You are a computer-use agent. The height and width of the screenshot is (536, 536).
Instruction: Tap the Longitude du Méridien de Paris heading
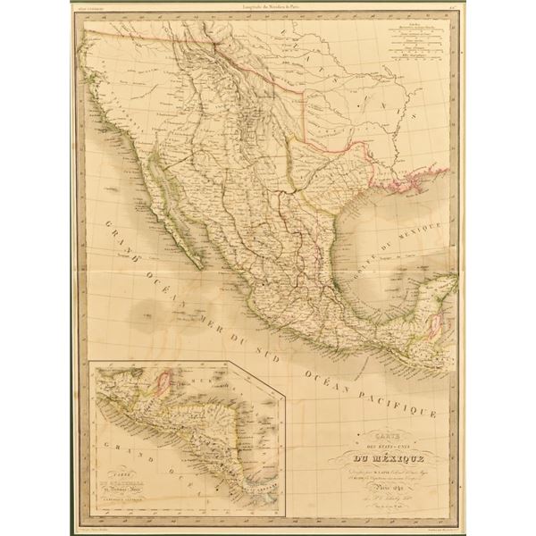(268, 12)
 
